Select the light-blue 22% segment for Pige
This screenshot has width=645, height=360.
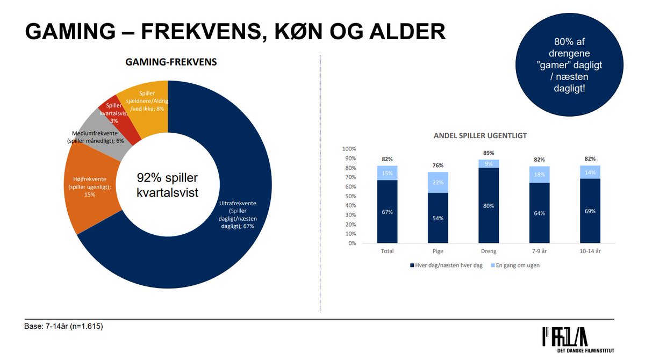coord(438,183)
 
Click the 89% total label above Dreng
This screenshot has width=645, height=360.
coord(488,153)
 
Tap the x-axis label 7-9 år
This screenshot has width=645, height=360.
coord(539,251)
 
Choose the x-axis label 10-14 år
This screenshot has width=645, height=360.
coord(590,251)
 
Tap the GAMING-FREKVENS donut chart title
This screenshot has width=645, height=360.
coord(171,62)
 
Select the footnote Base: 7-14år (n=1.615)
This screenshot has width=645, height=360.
coord(64,326)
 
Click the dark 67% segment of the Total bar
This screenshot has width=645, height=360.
coord(387,212)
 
